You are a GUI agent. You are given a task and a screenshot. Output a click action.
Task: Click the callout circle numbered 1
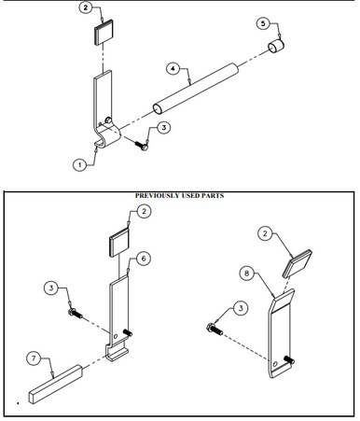pos(80,162)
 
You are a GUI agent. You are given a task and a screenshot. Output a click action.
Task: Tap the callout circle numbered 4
pos(173,68)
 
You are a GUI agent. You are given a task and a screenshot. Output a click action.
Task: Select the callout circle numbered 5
pos(262,22)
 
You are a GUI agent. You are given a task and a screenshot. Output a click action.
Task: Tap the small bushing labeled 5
pos(277,48)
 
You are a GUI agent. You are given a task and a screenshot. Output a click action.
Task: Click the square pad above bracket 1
pos(102,34)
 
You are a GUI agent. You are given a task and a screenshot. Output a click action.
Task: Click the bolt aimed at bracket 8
pos(214,330)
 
